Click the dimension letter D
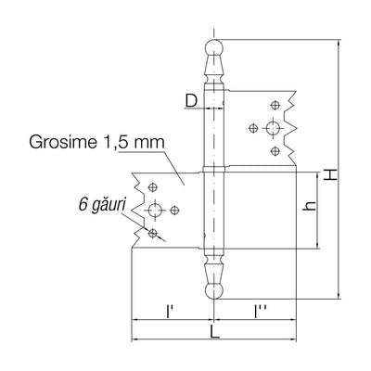coord(192,100)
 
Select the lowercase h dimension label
coord(310,206)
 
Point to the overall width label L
coord(214,331)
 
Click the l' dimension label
coord(169,312)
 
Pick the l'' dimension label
coord(258,312)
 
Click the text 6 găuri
coord(102,205)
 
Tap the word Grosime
coord(63,142)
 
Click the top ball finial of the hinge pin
coord(214,47)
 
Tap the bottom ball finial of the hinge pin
coord(214,290)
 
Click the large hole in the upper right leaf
coord(273,128)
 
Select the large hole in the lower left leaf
coord(154,210)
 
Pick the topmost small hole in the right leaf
coord(275,105)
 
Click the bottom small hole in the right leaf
coord(275,151)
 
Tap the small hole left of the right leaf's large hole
coord(253,128)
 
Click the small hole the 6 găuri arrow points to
coord(152,233)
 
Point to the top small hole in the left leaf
coord(152,187)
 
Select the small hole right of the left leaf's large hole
coord(175,210)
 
